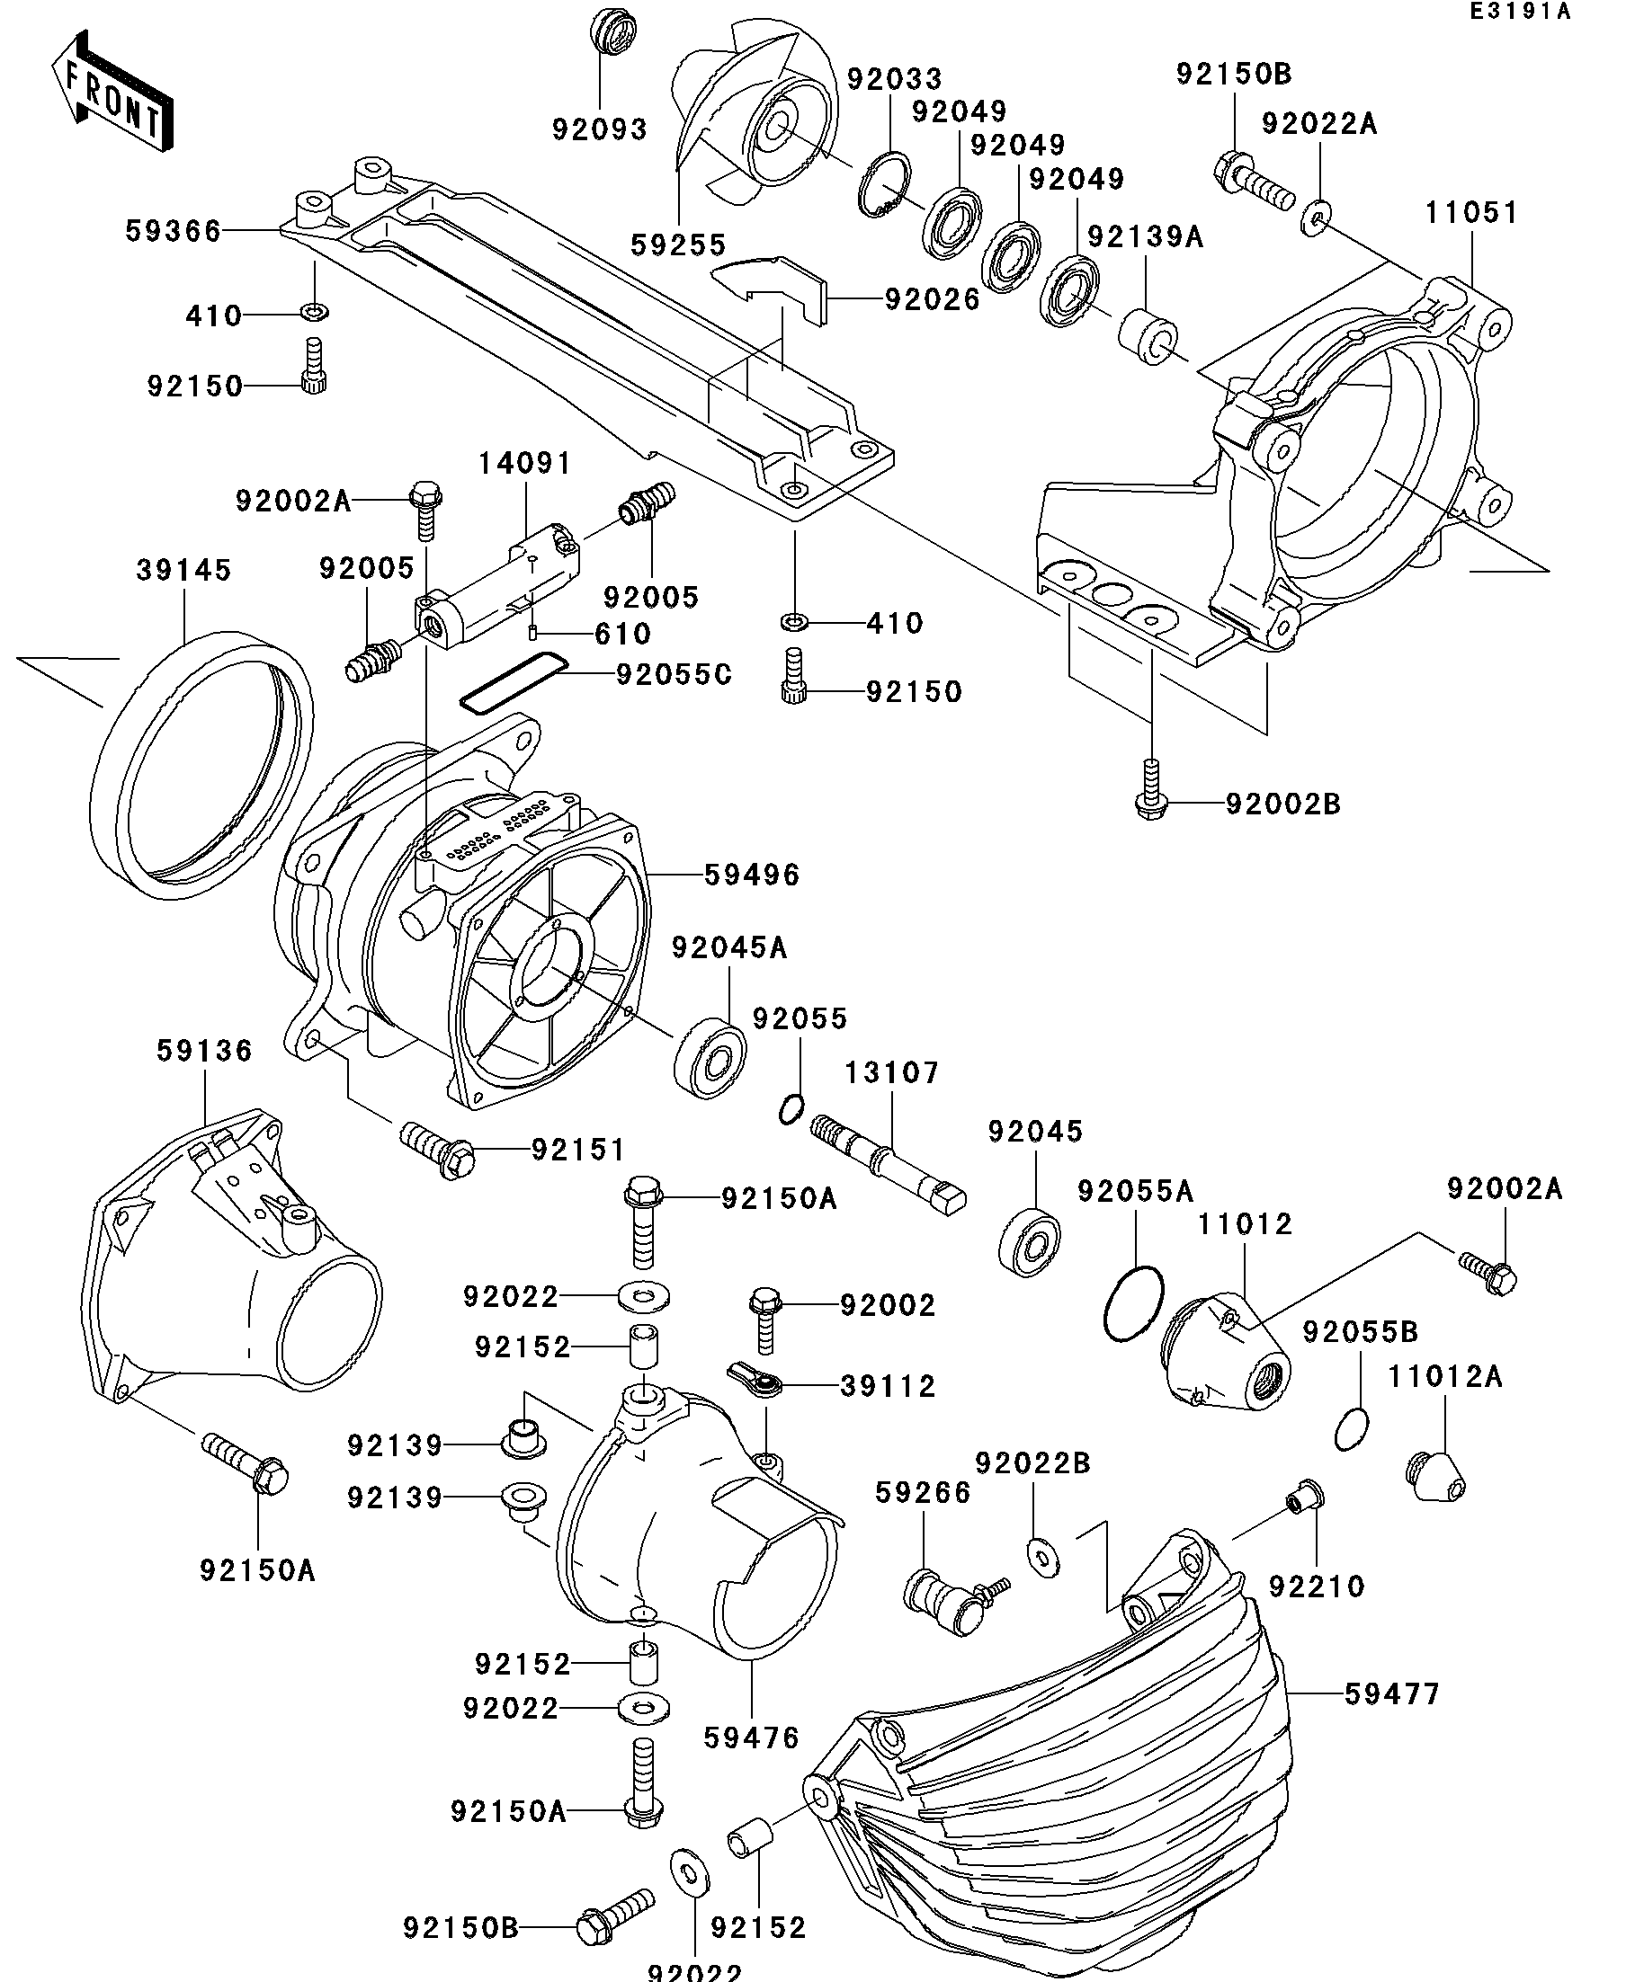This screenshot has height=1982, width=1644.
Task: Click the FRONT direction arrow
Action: coord(112,92)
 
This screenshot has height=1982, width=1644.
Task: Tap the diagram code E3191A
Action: coord(1519,12)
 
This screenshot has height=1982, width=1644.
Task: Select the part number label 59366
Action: coord(173,231)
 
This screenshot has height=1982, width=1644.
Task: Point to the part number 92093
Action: coord(600,129)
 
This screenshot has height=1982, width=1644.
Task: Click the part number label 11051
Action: coord(1471,212)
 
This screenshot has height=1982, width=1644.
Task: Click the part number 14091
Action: coord(525,464)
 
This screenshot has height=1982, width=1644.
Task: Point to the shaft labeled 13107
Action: coord(888,1165)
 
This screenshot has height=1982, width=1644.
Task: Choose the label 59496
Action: coord(753,875)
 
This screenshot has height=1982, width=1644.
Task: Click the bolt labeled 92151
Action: coord(437,1147)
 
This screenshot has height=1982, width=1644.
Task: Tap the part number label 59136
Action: coord(205,1051)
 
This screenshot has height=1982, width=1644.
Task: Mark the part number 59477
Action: coord(1393,1694)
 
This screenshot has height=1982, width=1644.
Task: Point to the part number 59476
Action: coord(752,1738)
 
